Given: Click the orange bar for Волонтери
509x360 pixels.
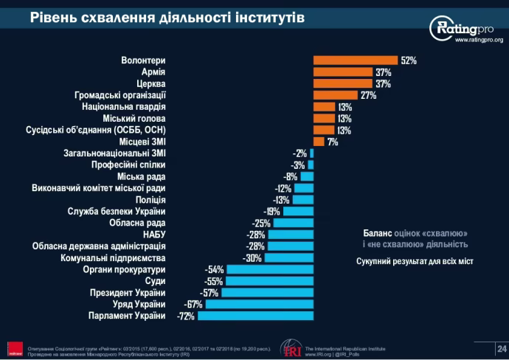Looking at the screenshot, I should [x=356, y=60].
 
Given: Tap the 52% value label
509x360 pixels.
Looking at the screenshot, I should [x=409, y=60].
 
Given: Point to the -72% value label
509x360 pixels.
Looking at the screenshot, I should [x=187, y=316].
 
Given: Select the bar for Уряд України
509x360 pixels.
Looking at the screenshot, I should [x=259, y=305].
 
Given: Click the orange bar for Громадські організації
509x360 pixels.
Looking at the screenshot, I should [x=336, y=95].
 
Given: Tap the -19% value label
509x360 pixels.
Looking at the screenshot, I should [x=272, y=212].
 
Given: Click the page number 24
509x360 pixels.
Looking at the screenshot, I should [x=502, y=347].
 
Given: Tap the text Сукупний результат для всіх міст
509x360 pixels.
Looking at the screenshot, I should [x=415, y=260].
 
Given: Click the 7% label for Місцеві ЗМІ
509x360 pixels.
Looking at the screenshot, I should [x=333, y=142].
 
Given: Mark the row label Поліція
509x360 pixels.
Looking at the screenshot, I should [x=150, y=200].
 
